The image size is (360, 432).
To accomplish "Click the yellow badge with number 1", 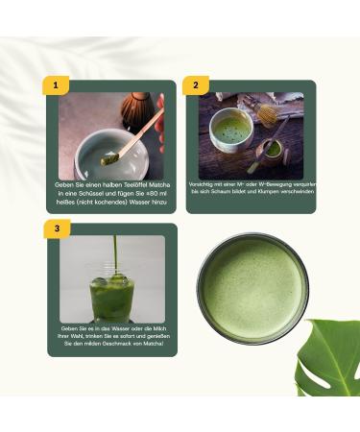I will [56, 85].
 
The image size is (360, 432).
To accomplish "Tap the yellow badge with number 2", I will [195, 85].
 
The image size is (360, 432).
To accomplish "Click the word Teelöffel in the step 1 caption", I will [122, 182].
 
